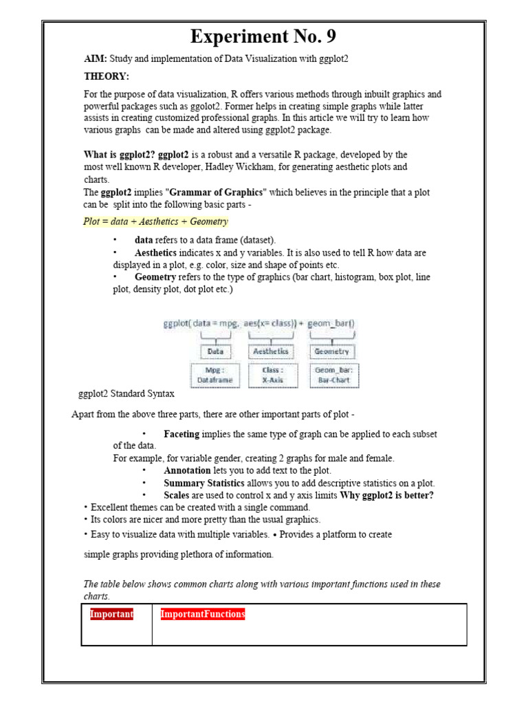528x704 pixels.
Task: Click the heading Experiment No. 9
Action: coord(263,36)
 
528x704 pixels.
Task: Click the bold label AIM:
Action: coord(96,59)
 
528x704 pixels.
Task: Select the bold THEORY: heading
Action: coord(107,76)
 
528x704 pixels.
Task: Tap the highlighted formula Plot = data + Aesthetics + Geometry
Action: coord(155,221)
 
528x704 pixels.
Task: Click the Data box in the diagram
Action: coord(215,351)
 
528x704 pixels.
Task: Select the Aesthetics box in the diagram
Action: coord(271,351)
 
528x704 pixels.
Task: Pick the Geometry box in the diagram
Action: coord(331,351)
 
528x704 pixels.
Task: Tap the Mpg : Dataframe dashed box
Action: coord(215,375)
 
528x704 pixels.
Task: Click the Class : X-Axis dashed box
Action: coord(271,375)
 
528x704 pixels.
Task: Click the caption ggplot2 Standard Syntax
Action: coord(126,394)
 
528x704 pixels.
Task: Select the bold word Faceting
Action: coord(181,434)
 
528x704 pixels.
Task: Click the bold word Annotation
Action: coord(187,471)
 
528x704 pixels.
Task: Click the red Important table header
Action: coord(111,614)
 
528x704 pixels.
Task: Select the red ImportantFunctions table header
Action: coord(203,614)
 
